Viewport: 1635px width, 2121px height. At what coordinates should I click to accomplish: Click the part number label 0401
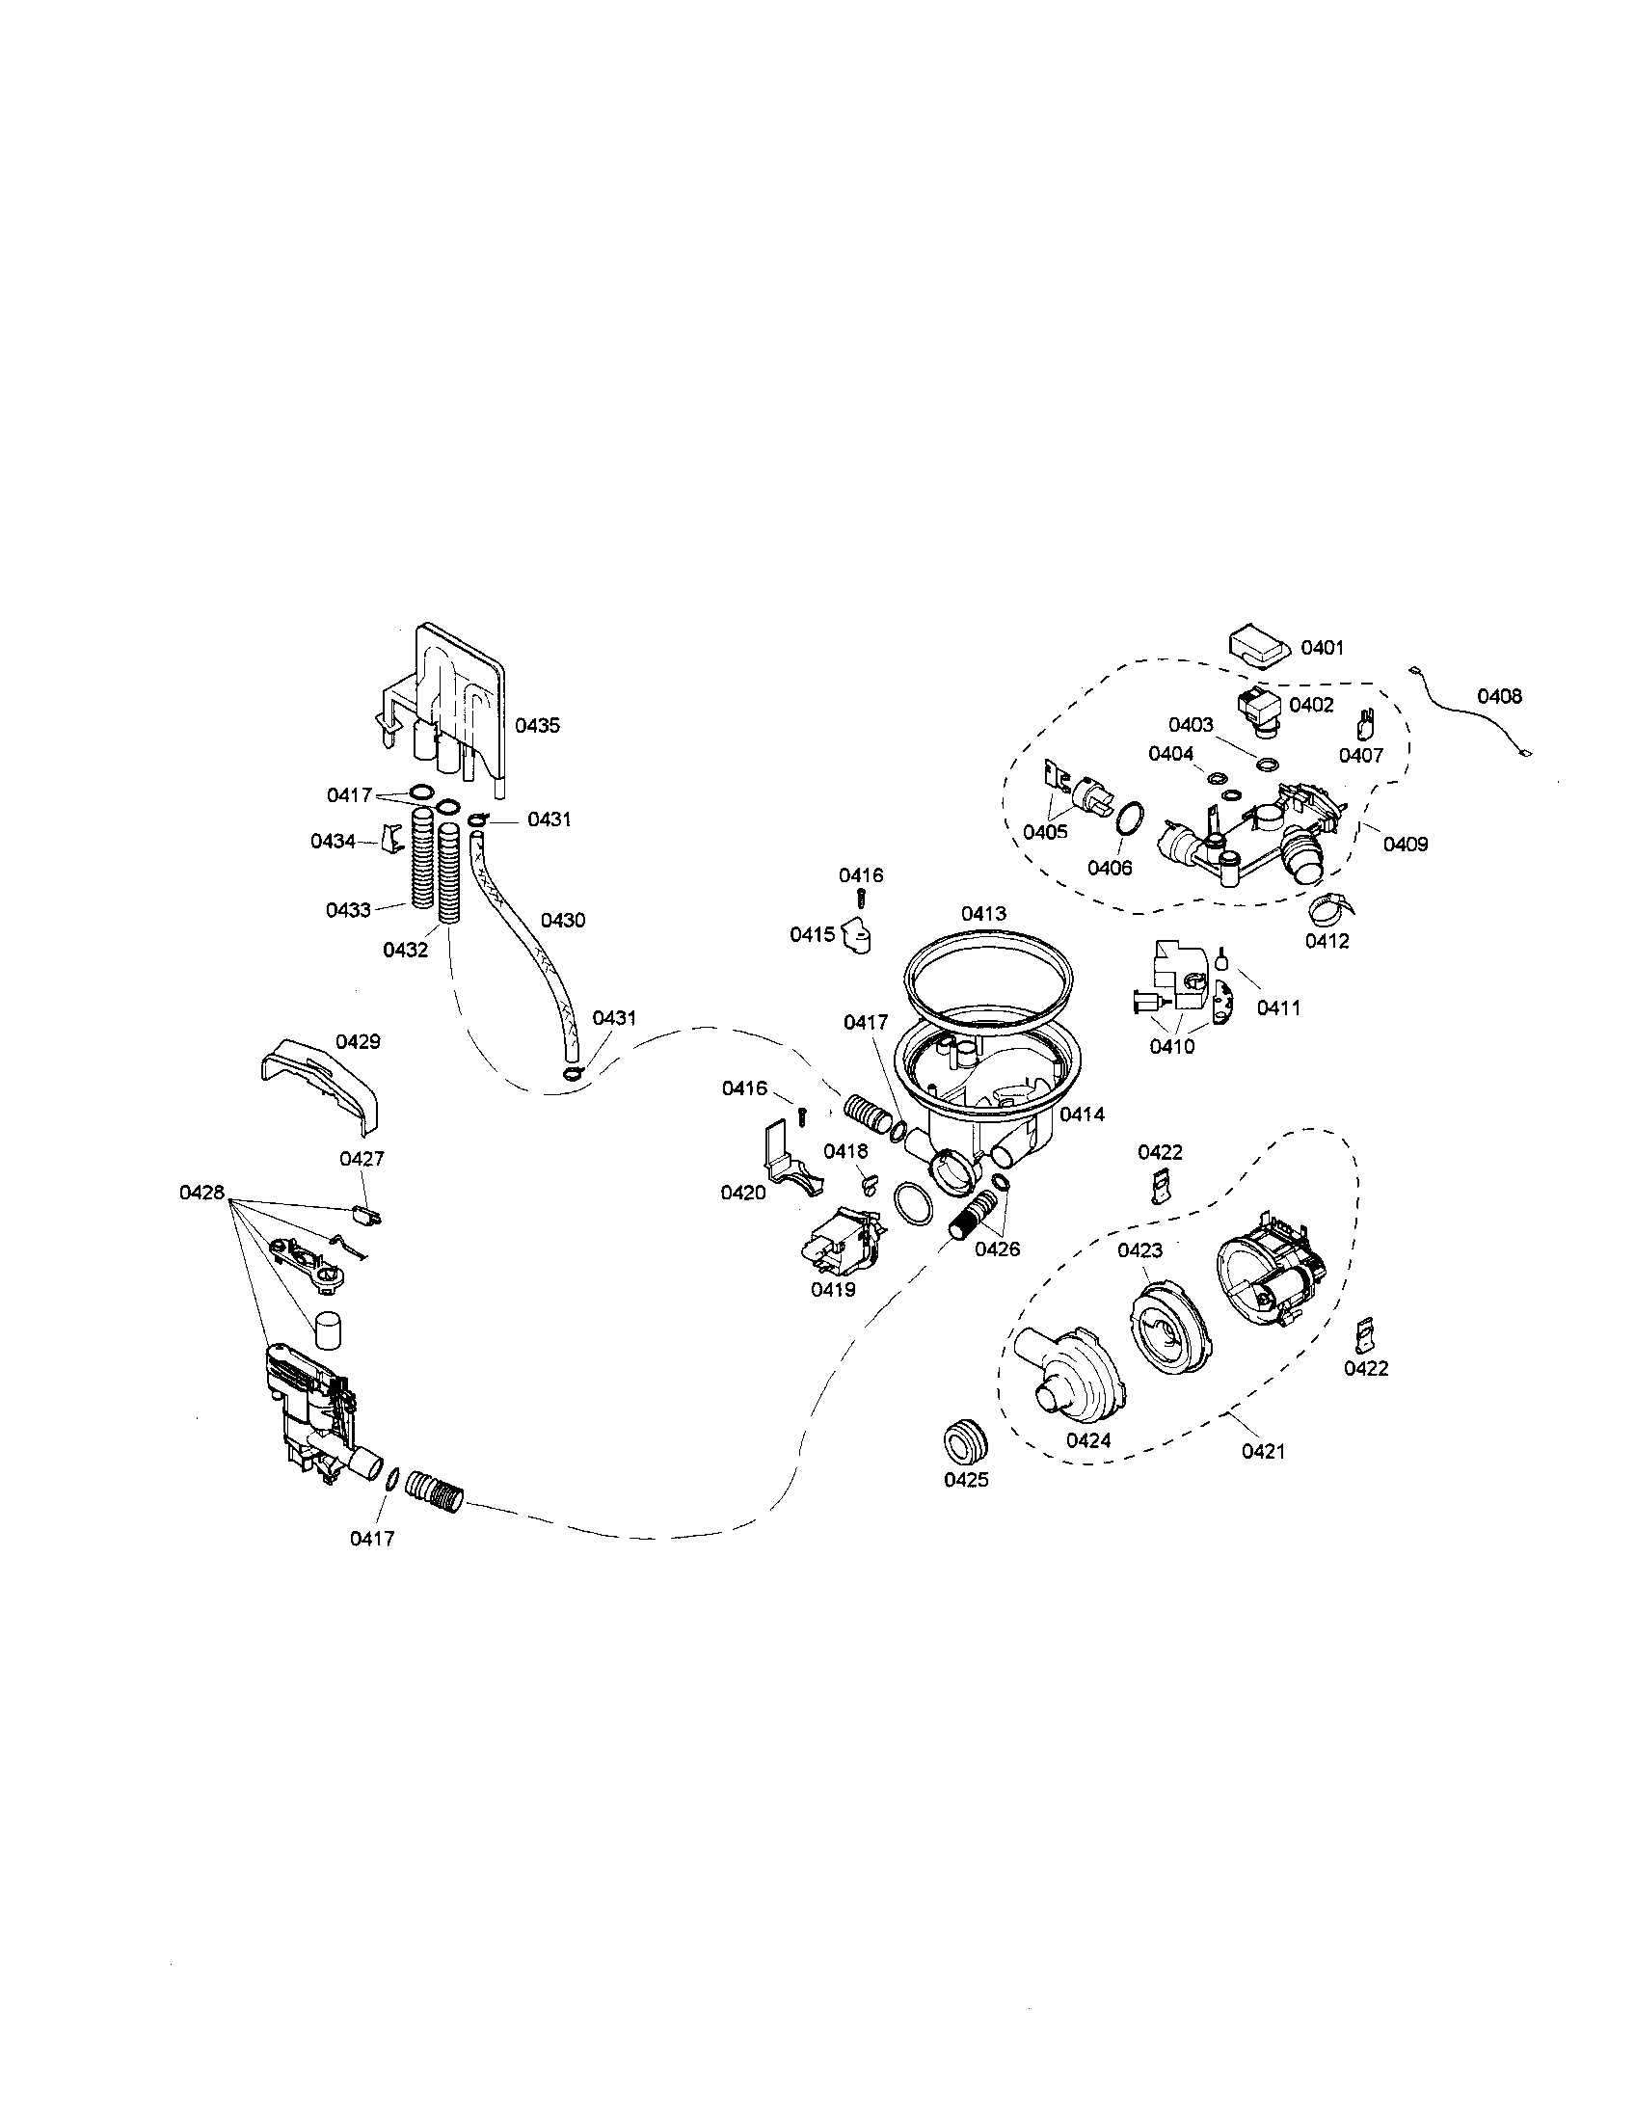click(x=1323, y=647)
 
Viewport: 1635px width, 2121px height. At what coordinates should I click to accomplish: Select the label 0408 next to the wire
click(x=1499, y=695)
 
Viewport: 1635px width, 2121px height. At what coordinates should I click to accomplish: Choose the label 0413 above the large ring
click(x=983, y=913)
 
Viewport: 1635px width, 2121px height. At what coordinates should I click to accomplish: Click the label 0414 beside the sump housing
click(x=1082, y=1114)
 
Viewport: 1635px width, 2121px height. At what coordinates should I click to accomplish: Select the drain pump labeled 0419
click(x=840, y=1245)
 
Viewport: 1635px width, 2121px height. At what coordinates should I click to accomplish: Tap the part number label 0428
click(x=201, y=1192)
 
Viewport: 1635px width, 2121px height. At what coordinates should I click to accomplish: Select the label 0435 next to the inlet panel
click(x=537, y=725)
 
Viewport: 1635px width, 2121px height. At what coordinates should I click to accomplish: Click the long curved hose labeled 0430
click(x=524, y=932)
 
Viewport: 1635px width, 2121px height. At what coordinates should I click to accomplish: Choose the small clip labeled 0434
click(x=392, y=839)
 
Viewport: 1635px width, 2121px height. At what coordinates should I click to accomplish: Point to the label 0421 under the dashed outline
click(x=1263, y=1478)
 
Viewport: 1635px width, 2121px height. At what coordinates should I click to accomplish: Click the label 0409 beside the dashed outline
click(x=1405, y=844)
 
